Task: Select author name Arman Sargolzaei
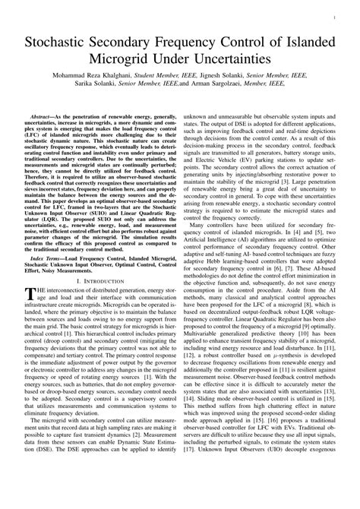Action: tap(236, 88)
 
